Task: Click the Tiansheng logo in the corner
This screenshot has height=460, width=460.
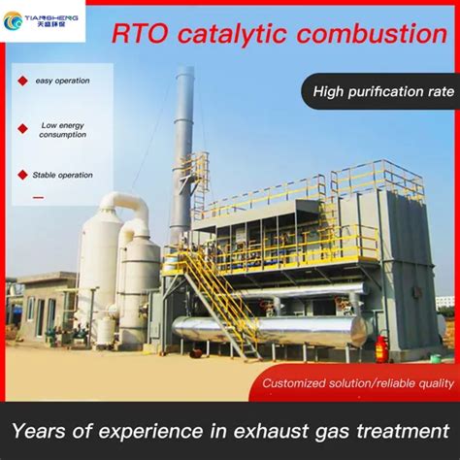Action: (x=43, y=20)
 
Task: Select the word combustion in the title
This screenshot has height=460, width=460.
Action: (x=374, y=35)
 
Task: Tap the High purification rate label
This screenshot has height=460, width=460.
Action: (x=383, y=92)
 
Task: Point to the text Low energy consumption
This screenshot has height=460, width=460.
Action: (x=62, y=130)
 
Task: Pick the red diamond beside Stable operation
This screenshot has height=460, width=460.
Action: (x=22, y=175)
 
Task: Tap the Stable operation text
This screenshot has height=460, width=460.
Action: (x=64, y=175)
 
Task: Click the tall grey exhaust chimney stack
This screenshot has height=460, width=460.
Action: (x=182, y=146)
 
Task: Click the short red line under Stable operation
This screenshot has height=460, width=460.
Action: (x=38, y=197)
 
